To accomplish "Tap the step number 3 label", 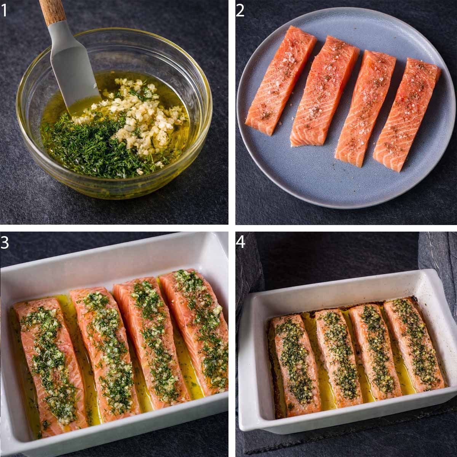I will click(5, 242).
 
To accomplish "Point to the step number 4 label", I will click(241, 242).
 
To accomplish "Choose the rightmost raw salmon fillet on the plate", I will click(407, 114).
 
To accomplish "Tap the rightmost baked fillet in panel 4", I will click(413, 343).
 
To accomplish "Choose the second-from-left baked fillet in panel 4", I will click(339, 356).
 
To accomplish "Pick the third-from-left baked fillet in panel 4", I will click(375, 350).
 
